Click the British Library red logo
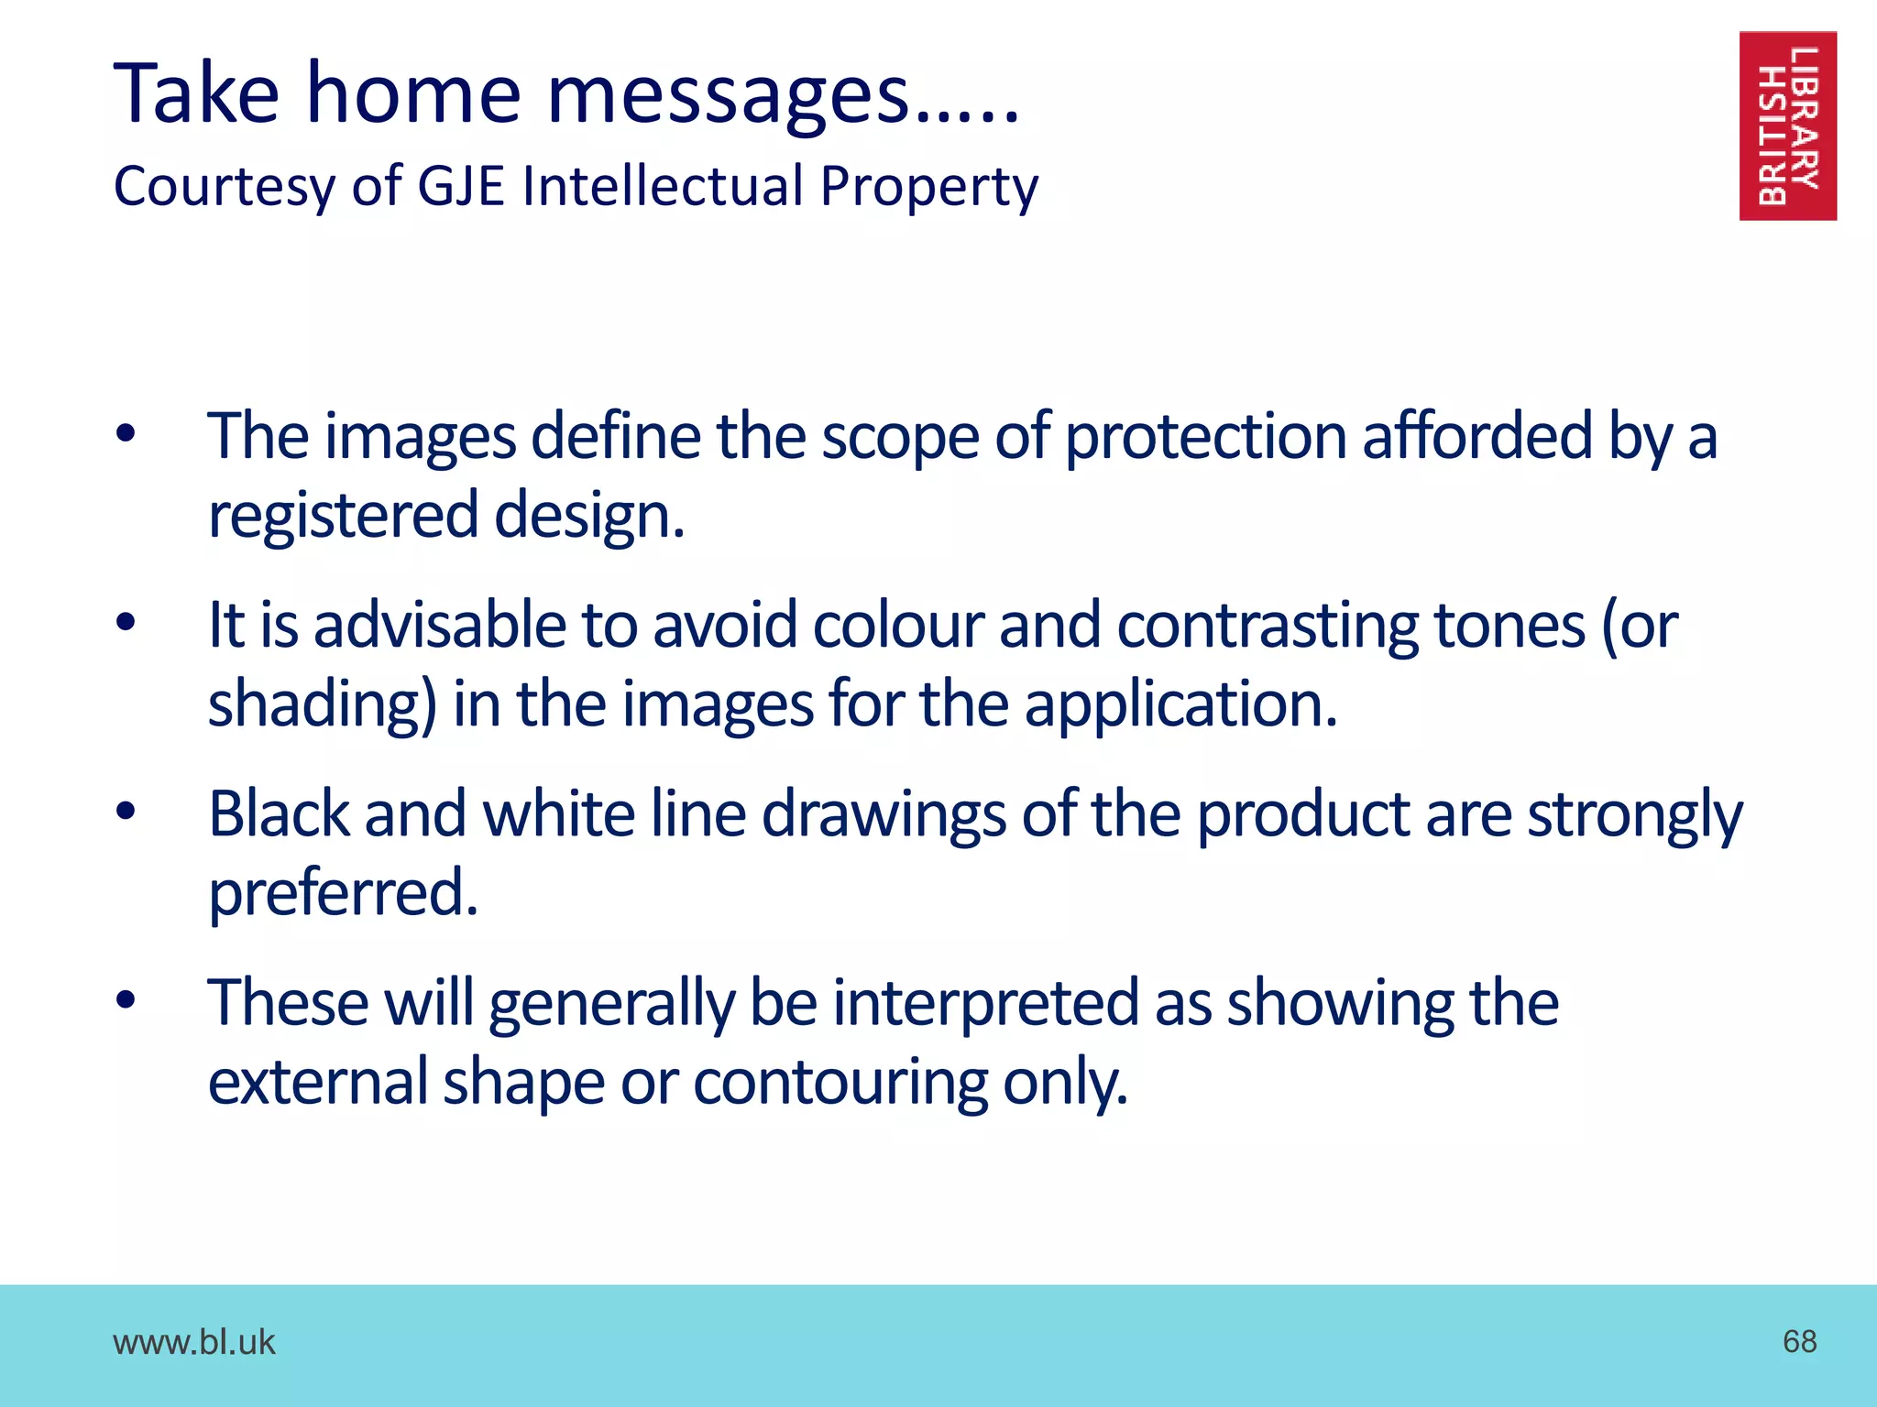pyautogui.click(x=1787, y=125)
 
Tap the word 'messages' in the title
pyautogui.click(x=729, y=94)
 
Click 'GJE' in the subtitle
pyautogui.click(x=461, y=185)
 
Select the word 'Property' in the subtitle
pyautogui.click(x=928, y=187)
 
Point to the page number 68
pyautogui.click(x=1799, y=1341)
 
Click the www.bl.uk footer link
pyautogui.click(x=193, y=1342)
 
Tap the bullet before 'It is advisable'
pyautogui.click(x=126, y=623)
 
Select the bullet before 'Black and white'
pyautogui.click(x=126, y=812)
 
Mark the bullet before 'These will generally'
pyautogui.click(x=126, y=1000)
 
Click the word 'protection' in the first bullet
pyautogui.click(x=1205, y=436)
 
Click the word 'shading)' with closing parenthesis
pyautogui.click(x=323, y=705)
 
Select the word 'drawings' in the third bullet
pyautogui.click(x=883, y=814)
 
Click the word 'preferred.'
pyautogui.click(x=343, y=894)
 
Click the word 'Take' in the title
pyautogui.click(x=196, y=94)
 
